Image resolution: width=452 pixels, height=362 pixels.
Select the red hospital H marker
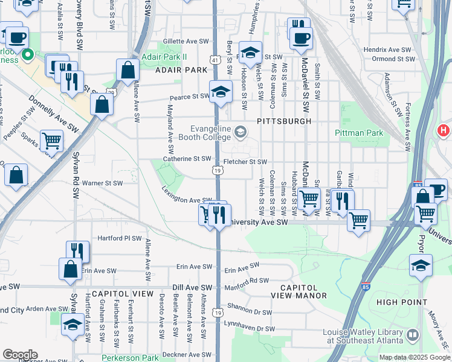coord(444,130)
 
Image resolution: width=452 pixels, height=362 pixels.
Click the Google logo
coord(19,355)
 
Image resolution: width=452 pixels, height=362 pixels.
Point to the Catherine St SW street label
coord(187,159)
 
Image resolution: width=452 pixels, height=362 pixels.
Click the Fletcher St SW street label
coord(245,162)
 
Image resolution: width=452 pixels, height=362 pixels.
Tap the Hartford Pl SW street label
coord(119,238)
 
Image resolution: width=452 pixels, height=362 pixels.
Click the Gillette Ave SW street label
coord(185,42)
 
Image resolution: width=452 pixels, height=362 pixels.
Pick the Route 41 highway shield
coord(216,60)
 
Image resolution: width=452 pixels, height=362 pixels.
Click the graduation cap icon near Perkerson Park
coord(73,326)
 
